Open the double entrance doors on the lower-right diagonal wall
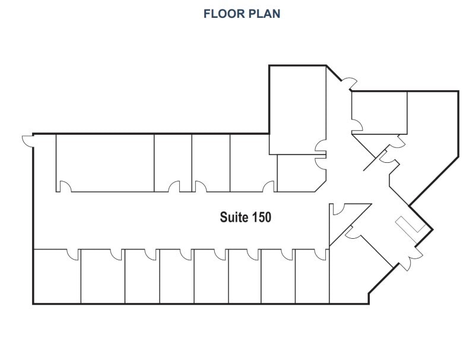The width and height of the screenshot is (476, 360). tap(410, 258)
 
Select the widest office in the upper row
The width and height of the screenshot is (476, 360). tap(105, 163)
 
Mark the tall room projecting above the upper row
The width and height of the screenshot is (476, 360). tap(297, 110)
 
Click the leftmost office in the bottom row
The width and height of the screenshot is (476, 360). tap(57, 276)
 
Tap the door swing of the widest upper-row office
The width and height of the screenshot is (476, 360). tap(65, 186)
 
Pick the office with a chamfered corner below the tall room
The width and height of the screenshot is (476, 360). tap(302, 173)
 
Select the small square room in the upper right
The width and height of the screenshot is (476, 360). tap(379, 112)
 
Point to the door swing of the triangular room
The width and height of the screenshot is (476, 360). tap(339, 209)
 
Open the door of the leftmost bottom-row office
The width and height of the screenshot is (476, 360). tap(73, 255)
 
